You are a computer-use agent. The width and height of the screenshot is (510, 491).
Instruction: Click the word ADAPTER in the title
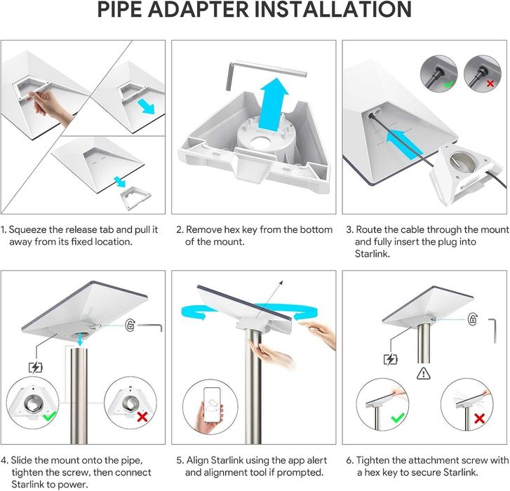click(x=199, y=9)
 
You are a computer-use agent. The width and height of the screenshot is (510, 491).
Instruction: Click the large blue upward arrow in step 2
click(x=273, y=104)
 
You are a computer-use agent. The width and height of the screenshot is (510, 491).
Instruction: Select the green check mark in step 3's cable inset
click(x=448, y=84)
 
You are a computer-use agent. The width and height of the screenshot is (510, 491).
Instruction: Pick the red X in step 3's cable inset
click(x=490, y=83)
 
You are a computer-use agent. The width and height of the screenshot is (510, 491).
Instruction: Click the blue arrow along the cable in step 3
click(x=404, y=143)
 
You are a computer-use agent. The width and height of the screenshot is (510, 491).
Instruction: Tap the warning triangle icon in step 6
click(x=423, y=373)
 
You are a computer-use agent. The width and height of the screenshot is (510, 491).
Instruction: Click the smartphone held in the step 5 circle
click(x=211, y=405)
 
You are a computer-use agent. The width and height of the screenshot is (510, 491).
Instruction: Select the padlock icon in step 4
click(x=130, y=325)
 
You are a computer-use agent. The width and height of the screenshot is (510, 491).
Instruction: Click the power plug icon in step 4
click(x=36, y=368)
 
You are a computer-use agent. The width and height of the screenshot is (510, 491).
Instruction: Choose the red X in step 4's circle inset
click(x=142, y=417)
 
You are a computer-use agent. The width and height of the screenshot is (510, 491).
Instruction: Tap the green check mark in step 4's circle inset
click(x=49, y=416)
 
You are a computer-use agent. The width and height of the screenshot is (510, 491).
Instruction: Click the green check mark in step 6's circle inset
click(x=398, y=417)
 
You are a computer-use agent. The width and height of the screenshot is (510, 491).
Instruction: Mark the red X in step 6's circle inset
click(x=479, y=418)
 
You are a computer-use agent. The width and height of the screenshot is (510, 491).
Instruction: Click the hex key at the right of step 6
click(x=493, y=330)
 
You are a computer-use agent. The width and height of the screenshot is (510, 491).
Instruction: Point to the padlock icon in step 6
click(x=473, y=318)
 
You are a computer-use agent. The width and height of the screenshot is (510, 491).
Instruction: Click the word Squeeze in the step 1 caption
click(x=27, y=230)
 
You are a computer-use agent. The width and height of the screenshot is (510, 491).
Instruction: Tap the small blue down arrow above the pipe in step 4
click(x=80, y=339)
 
